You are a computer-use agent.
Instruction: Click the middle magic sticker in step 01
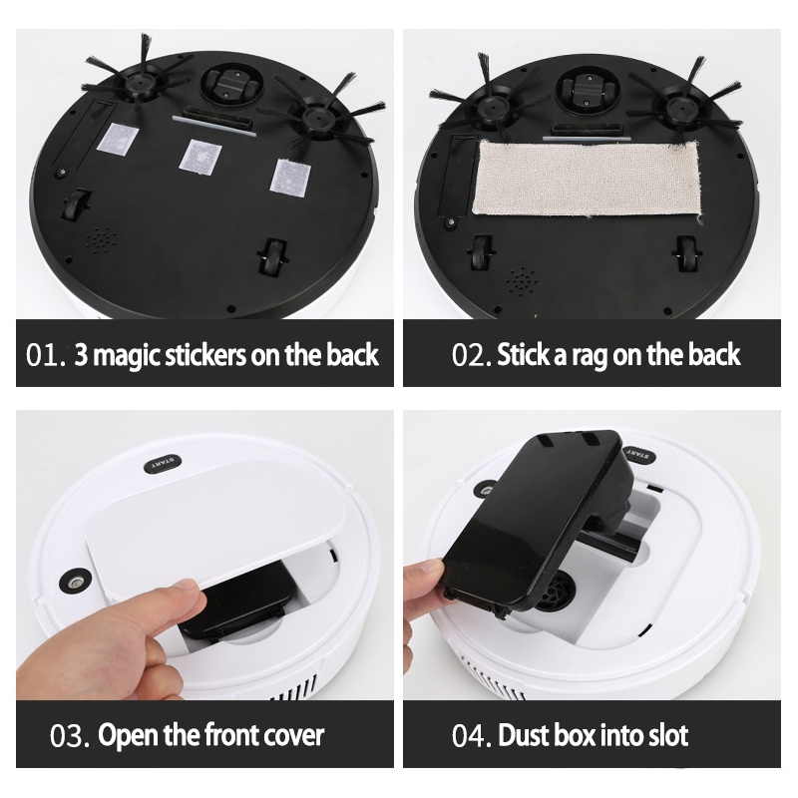pyautogui.click(x=200, y=157)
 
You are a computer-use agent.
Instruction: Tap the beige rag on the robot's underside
pyautogui.click(x=588, y=179)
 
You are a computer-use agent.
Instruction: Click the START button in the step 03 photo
pyautogui.click(x=164, y=464)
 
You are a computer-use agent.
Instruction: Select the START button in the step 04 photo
pyautogui.click(x=639, y=454)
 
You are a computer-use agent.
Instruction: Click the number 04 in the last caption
pyautogui.click(x=467, y=736)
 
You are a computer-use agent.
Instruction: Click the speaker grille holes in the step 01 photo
pyautogui.click(x=101, y=238)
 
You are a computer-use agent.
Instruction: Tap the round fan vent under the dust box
pyautogui.click(x=559, y=590)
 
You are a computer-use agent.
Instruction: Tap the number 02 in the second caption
pyautogui.click(x=468, y=355)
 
